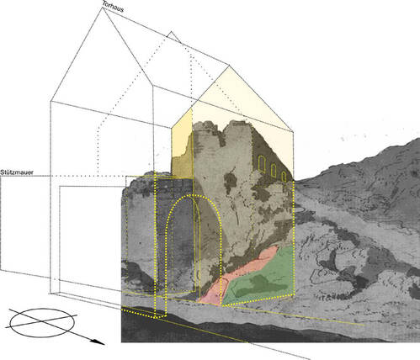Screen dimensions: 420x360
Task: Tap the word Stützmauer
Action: (17, 172)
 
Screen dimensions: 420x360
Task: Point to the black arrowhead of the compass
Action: (98, 341)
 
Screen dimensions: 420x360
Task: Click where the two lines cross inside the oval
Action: (43, 321)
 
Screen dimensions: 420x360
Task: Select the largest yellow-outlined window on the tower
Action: (262, 163)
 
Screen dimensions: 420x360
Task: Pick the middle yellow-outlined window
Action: (274, 170)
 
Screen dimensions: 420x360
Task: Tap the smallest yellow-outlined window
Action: (284, 177)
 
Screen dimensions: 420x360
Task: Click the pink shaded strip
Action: (236, 275)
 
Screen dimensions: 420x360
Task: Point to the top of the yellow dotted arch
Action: (193, 195)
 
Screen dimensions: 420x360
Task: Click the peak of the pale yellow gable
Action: (229, 66)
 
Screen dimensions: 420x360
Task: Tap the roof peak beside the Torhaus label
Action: (102, 8)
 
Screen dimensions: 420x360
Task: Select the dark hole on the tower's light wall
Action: (231, 182)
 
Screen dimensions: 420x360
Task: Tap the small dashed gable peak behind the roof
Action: (171, 32)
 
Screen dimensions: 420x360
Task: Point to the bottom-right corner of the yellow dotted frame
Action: (294, 295)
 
